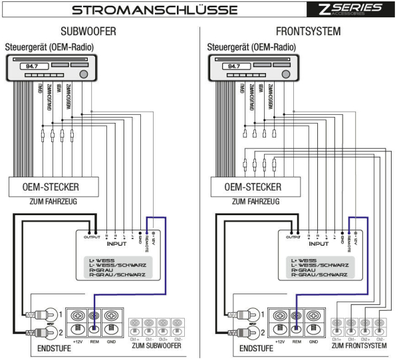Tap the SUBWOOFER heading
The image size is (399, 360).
coord(88,31)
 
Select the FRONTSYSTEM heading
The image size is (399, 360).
coord(307,31)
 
